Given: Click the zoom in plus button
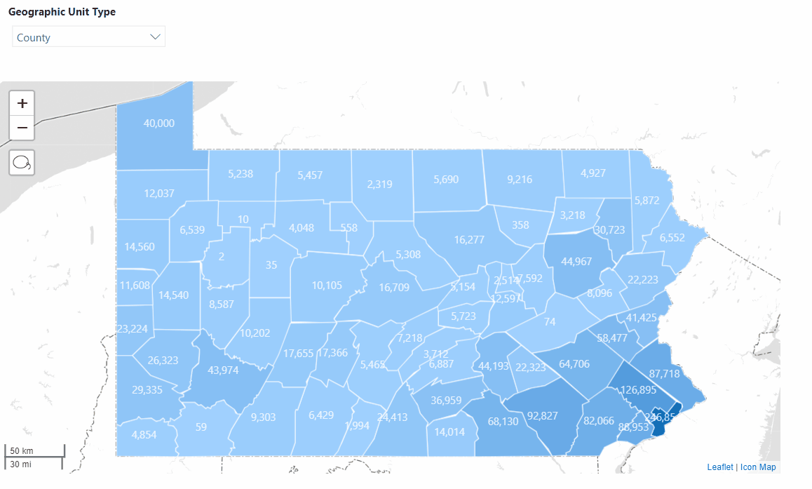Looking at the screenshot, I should click(x=22, y=104).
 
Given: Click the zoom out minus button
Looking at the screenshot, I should click(x=22, y=128).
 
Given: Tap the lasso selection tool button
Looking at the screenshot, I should click(x=22, y=163).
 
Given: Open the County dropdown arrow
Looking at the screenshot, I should click(x=156, y=37).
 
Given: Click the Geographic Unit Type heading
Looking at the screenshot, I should click(x=62, y=12).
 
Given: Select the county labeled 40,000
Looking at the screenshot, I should click(x=158, y=123).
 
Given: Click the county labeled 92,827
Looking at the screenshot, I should click(x=542, y=415).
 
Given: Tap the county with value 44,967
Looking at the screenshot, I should click(x=576, y=262).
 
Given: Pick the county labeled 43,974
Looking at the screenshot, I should click(x=224, y=370).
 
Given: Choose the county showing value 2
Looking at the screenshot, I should click(x=222, y=257).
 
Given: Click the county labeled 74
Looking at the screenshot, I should click(x=549, y=322).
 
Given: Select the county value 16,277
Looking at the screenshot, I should click(x=469, y=240).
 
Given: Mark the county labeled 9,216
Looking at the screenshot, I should click(x=519, y=180).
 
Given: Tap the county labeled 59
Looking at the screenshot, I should click(x=201, y=426).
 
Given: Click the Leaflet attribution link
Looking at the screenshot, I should click(x=719, y=467).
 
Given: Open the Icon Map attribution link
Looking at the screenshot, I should click(x=758, y=467).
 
